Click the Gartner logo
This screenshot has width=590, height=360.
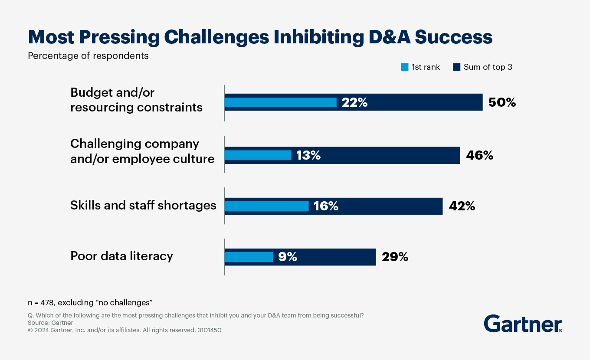(523, 324)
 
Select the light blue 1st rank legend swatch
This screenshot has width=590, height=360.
(404, 67)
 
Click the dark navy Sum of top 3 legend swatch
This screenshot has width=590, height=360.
(456, 67)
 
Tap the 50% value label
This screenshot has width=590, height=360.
(502, 102)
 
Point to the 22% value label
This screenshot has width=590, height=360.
(354, 102)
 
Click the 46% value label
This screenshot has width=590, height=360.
(479, 155)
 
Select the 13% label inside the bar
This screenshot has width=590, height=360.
(308, 155)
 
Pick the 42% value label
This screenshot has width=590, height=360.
(462, 206)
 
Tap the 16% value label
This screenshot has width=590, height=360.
(326, 206)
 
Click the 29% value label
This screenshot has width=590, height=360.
(395, 257)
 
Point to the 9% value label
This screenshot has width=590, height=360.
(288, 257)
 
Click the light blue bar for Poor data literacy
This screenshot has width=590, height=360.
(249, 257)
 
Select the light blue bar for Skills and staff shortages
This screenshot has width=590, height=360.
(266, 206)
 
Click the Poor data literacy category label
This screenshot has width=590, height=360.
(121, 256)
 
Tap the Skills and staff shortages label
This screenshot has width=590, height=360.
(143, 205)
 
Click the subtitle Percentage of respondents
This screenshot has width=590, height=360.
(88, 56)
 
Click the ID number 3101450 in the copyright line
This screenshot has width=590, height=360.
(210, 330)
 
